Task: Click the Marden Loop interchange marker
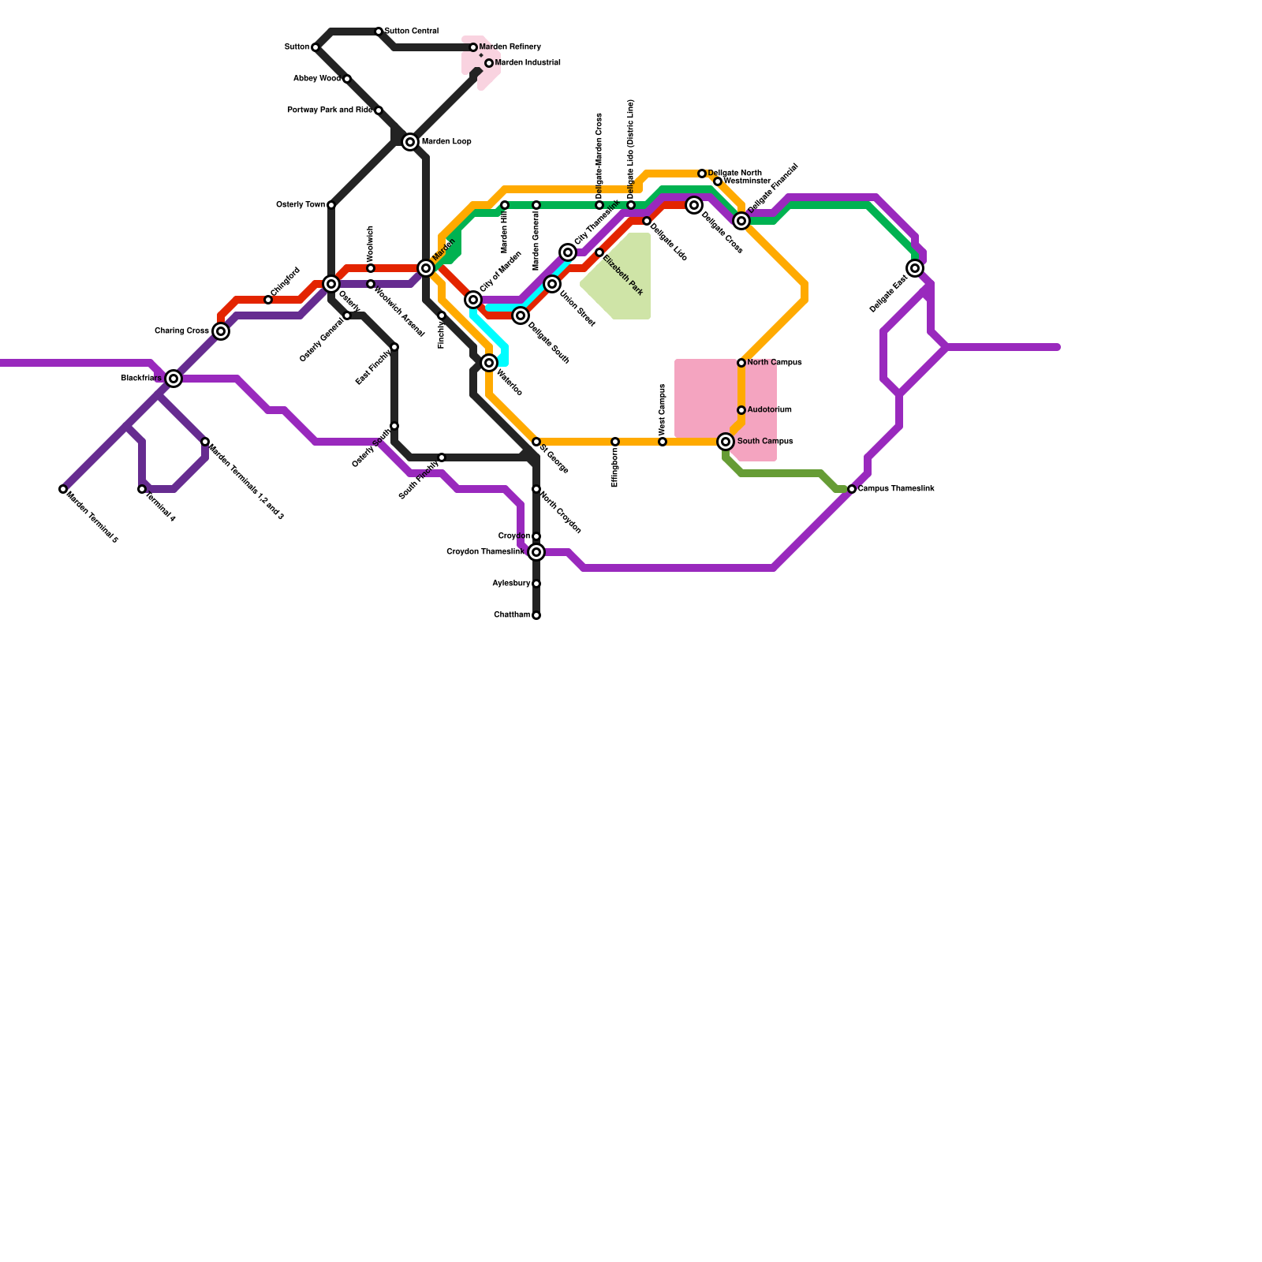point(410,142)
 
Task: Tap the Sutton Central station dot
point(379,32)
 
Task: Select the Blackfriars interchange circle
point(174,379)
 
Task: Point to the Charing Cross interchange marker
point(221,331)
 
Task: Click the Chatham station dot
point(536,615)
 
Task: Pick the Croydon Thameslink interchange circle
point(536,552)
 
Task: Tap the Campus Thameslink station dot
point(852,489)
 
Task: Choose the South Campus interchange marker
point(726,442)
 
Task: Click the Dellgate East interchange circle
point(915,268)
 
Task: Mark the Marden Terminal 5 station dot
point(63,489)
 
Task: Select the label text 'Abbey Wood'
point(316,79)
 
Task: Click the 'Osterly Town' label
point(300,205)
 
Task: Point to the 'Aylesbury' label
point(510,584)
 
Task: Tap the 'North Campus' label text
point(775,363)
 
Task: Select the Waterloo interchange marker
point(489,363)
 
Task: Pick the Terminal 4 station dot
point(142,489)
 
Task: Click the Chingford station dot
point(268,300)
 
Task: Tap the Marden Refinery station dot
point(473,47)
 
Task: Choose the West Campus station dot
point(663,442)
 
